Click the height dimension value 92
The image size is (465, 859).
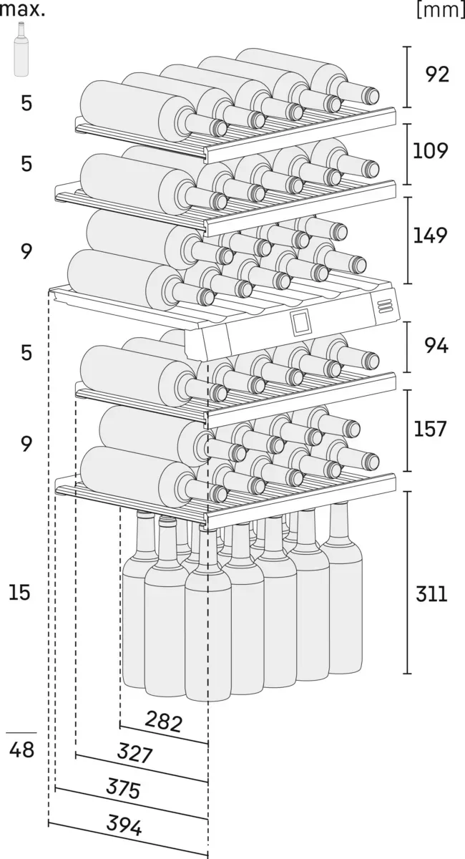coord(437,74)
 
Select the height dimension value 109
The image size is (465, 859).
coord(430,150)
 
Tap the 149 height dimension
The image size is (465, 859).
coord(430,235)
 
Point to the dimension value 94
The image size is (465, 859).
coord(436,346)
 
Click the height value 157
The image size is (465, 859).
coord(430,429)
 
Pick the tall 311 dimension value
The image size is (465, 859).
coord(430,593)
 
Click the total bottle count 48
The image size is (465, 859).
coord(22,752)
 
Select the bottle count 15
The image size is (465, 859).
coord(21,592)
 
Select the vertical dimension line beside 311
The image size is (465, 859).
coord(407,582)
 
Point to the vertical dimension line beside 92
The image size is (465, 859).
coord(407,76)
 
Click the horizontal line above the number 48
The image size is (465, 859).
coord(21,733)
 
